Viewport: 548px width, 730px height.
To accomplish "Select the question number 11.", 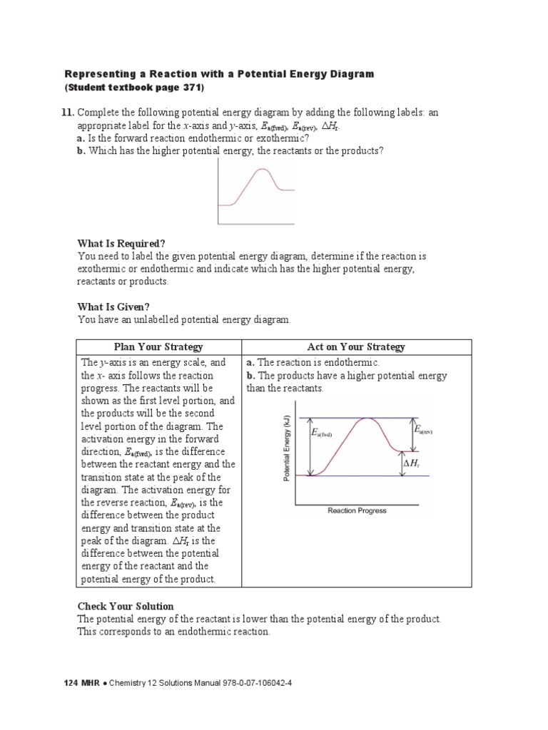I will pos(68,113).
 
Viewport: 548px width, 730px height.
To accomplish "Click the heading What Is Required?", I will pos(121,243).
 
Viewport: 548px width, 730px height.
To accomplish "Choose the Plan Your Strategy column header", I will pos(158,347).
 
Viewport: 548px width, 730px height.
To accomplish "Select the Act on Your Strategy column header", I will pos(355,347).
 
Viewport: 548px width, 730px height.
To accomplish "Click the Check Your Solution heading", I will pos(126,606).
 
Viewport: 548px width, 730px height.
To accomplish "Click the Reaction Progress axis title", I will pos(357,510).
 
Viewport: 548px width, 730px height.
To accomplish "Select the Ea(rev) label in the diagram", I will pos(422,431).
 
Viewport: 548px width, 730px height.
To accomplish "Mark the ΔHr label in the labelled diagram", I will pos(412,463).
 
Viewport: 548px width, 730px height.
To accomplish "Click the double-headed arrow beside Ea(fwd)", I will pos(310,446).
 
